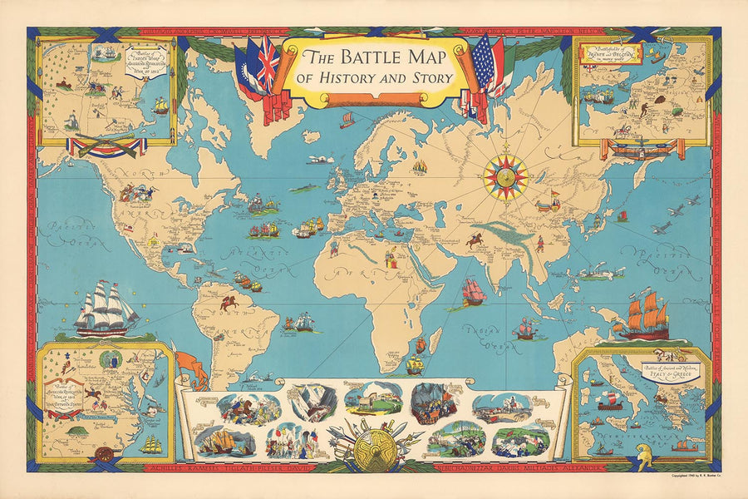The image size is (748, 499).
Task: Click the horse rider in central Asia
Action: click(x=477, y=240)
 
